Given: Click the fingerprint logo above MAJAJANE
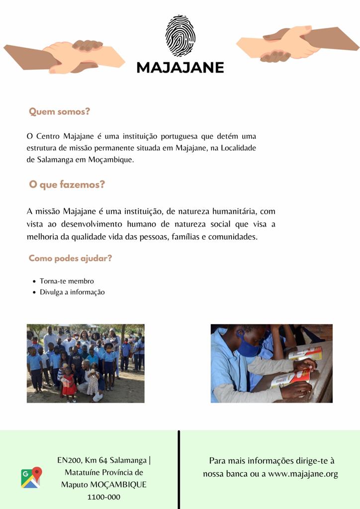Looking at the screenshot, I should (180, 36).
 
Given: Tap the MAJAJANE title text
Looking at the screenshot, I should (180, 67).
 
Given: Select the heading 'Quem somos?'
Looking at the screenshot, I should (60, 112).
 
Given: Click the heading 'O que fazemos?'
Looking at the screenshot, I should (67, 185).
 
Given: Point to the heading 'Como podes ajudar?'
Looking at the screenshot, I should (70, 258).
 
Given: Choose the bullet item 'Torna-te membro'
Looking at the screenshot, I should (67, 281).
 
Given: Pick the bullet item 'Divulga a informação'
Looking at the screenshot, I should (72, 292).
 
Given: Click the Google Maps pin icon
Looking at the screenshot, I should (31, 477).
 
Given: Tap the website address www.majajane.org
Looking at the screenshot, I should (303, 474).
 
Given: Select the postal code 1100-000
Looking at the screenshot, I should (104, 497).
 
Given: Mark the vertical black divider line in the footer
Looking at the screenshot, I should (179, 470).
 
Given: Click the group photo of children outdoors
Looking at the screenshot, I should (86, 363).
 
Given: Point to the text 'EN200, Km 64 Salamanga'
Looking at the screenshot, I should (101, 460).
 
